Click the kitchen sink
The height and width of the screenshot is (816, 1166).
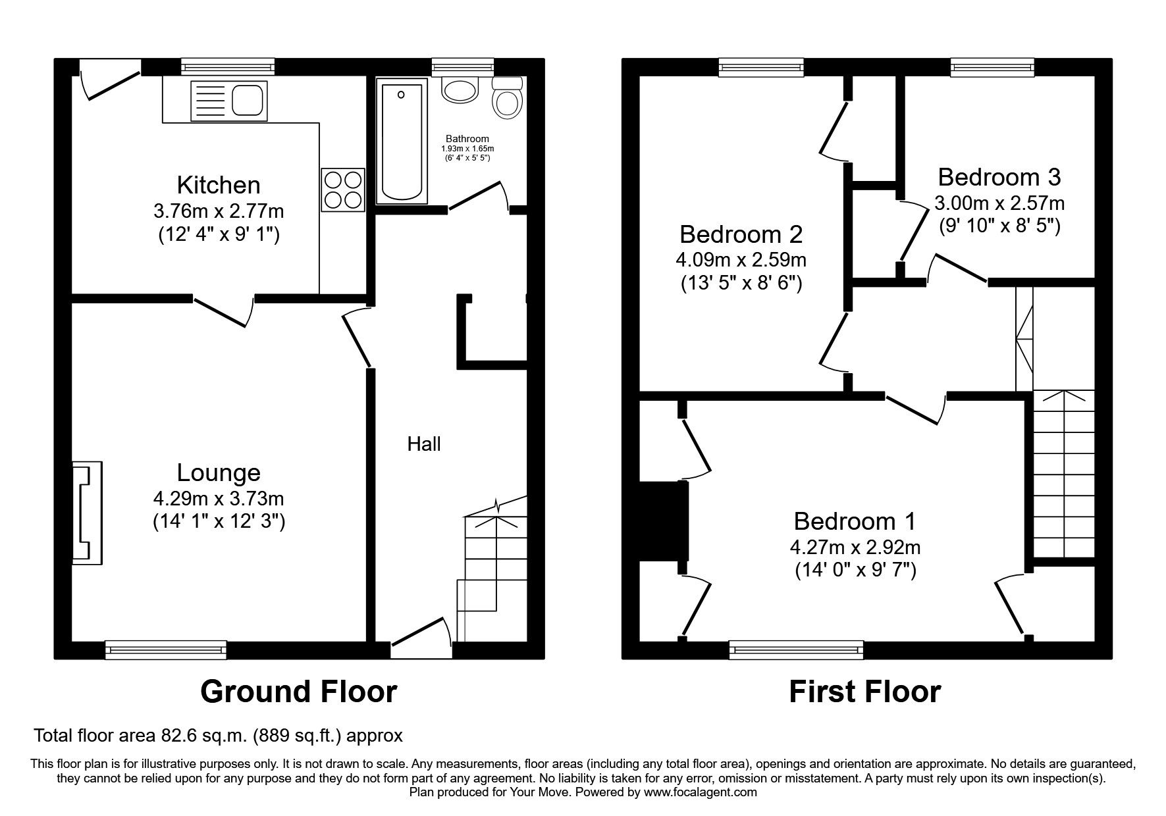[x=228, y=101]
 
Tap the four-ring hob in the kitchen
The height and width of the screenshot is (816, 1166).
[x=342, y=190]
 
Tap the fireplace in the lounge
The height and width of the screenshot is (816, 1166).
[x=87, y=513]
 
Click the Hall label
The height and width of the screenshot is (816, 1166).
[x=424, y=444]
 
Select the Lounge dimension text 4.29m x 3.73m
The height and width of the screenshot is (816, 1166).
[x=219, y=499]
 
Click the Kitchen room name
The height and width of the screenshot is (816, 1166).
[x=219, y=185]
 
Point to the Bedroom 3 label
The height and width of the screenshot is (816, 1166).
[x=999, y=177]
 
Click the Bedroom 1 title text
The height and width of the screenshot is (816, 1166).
[x=855, y=521]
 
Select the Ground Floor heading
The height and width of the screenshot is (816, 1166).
[x=298, y=692]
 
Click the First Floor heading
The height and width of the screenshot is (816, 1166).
[x=864, y=692]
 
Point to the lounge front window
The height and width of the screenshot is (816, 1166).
[x=166, y=650]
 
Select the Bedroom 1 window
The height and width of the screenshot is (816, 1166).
[x=796, y=650]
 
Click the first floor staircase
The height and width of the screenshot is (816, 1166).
[x=1063, y=474]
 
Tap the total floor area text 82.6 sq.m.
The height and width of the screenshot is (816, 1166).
[x=218, y=735]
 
